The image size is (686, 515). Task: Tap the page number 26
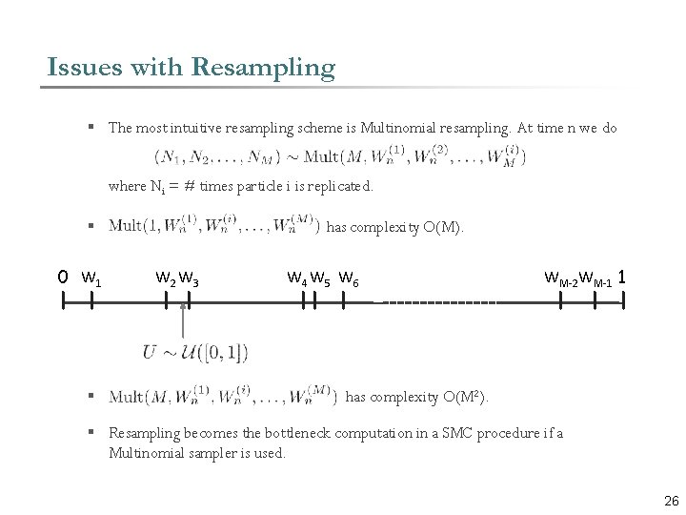[x=671, y=502]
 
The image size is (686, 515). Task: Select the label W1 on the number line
[x=92, y=279]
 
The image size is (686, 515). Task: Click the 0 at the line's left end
[x=62, y=278]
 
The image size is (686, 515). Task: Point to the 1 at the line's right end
[x=621, y=278]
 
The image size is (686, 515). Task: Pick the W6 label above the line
[x=349, y=279]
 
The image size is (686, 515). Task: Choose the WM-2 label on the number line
[x=561, y=278]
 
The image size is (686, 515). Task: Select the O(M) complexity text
[x=441, y=227]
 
